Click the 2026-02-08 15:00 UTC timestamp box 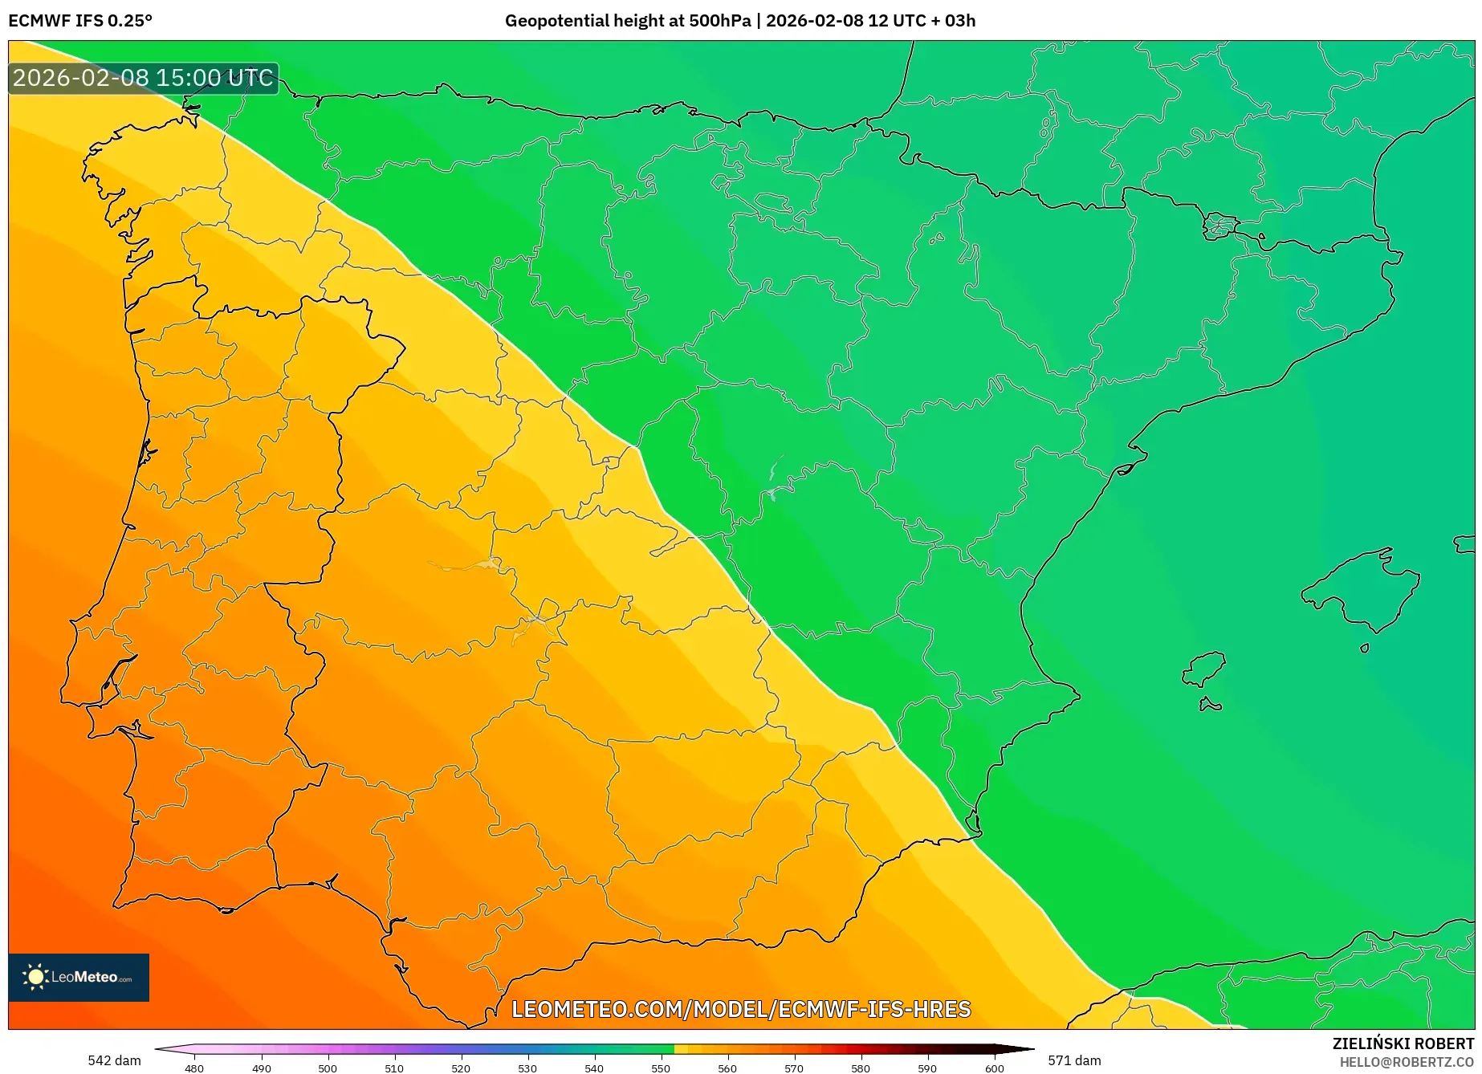143,78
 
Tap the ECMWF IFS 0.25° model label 80,21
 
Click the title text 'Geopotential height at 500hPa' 627,21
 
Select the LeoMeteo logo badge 79,977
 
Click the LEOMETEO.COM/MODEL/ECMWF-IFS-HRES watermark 741,1009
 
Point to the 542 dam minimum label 114,1060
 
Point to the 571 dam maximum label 1074,1060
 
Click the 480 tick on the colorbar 194,1068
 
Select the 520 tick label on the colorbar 461,1068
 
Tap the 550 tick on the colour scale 661,1068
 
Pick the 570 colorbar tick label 794,1068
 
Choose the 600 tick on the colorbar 994,1068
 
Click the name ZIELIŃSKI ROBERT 1403,1043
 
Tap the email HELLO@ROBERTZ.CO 1407,1062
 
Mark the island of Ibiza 1204,669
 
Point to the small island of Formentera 1210,705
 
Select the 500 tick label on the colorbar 328,1068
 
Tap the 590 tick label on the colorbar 927,1068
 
